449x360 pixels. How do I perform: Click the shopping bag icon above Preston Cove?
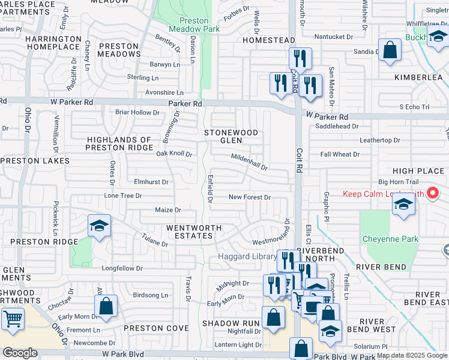(x=106, y=306)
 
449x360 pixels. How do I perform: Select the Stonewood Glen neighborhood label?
(x=231, y=136)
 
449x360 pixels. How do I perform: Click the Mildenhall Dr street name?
(x=249, y=161)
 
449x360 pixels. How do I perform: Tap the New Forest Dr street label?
(x=250, y=197)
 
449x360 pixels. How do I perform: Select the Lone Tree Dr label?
(x=123, y=196)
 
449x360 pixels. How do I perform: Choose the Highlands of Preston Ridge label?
(x=119, y=143)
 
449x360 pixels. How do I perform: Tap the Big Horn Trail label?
(x=397, y=182)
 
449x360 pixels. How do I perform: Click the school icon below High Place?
(x=403, y=206)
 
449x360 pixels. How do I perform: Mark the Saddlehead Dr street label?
(x=337, y=127)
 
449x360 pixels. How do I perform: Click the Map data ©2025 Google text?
(x=412, y=355)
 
